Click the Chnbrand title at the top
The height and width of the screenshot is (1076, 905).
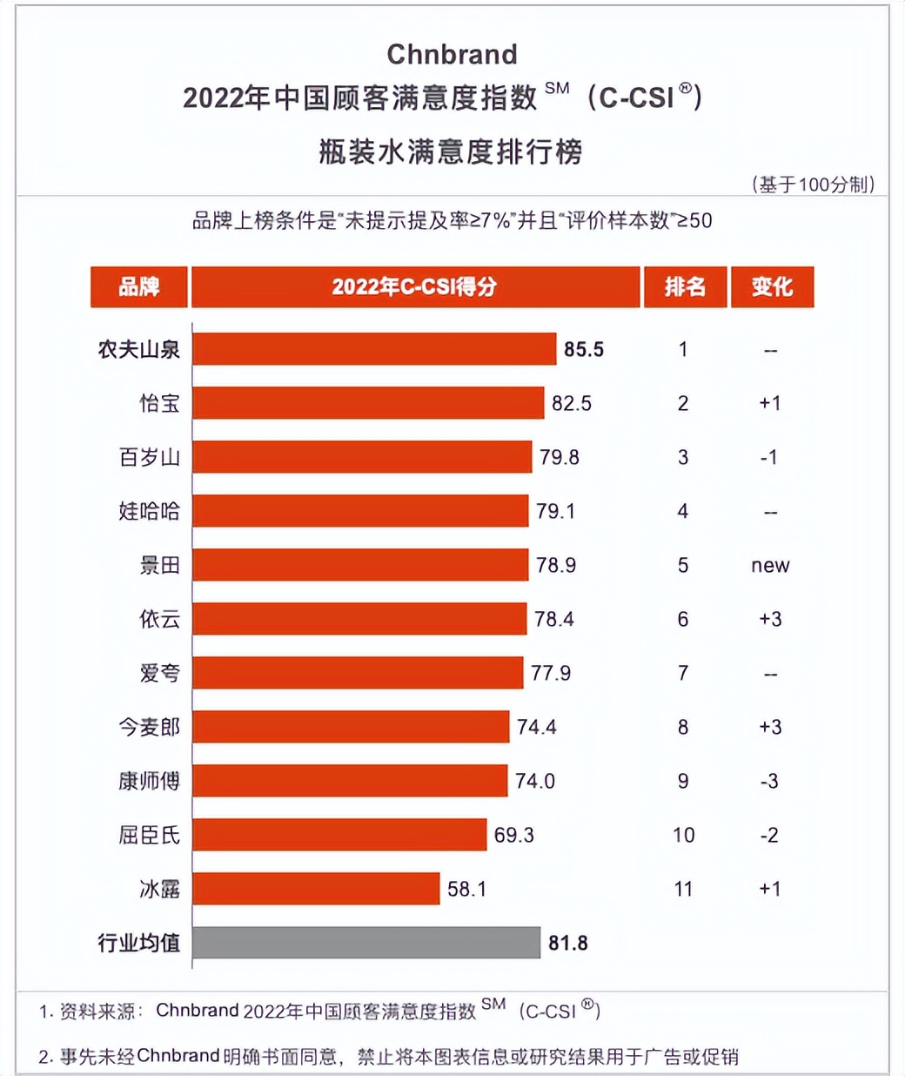point(452,54)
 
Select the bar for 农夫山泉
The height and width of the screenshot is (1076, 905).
point(374,349)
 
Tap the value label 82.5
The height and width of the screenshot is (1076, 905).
point(572,403)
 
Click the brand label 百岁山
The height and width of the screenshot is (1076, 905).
point(150,457)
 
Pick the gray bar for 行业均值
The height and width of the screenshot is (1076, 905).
point(366,943)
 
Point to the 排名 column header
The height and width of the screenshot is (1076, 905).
point(685,286)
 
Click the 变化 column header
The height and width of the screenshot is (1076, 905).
point(772,286)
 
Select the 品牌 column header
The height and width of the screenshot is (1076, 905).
point(139,286)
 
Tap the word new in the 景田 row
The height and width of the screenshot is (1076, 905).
point(770,566)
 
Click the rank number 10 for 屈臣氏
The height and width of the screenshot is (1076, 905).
point(683,836)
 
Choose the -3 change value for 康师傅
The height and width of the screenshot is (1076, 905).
point(769,782)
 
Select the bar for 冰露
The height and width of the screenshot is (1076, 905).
point(316,889)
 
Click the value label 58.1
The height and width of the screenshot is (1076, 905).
point(466,889)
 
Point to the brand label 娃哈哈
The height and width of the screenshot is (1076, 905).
point(150,511)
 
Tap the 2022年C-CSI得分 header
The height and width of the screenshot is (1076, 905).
point(414,286)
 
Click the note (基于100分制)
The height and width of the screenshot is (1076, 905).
point(813,184)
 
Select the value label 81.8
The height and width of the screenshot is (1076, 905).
point(568,943)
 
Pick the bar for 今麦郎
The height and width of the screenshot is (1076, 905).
point(351,727)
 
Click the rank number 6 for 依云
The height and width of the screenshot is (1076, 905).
point(683,619)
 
